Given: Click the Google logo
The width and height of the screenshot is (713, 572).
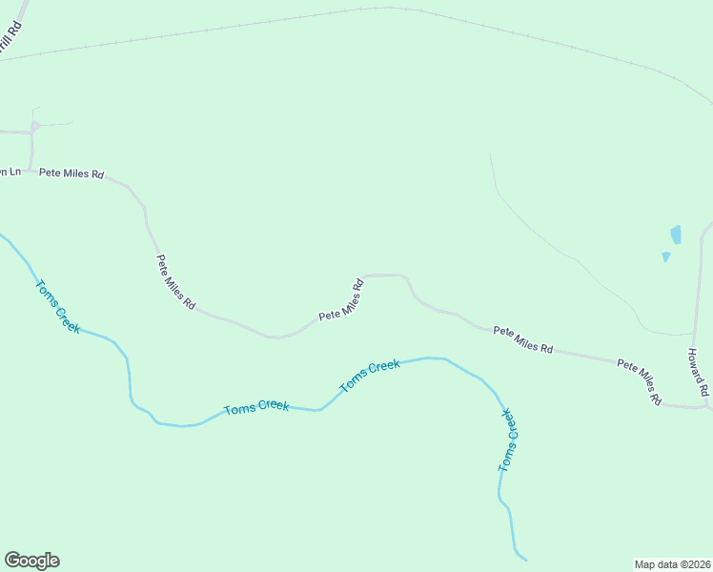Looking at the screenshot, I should pyautogui.click(x=31, y=561).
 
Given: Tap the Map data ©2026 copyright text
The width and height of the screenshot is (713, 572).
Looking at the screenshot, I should pyautogui.click(x=673, y=563).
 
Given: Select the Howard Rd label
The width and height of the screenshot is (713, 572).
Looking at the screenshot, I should pyautogui.click(x=698, y=372).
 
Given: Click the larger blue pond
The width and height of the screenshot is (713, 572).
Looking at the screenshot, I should pyautogui.click(x=676, y=235).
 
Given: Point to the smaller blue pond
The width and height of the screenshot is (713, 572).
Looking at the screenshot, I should pyautogui.click(x=665, y=256).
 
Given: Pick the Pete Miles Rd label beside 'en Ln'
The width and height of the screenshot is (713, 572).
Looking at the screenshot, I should pyautogui.click(x=71, y=174).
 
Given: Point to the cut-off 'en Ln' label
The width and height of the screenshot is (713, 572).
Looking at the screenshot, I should pyautogui.click(x=9, y=172).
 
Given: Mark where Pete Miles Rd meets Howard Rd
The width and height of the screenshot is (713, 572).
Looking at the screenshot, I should pyautogui.click(x=706, y=407).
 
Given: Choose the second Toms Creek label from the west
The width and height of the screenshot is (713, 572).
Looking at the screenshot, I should pyautogui.click(x=256, y=407).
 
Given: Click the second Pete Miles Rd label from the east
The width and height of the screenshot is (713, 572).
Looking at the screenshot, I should pyautogui.click(x=523, y=340).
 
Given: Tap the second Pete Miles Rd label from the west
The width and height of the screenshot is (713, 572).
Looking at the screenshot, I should pyautogui.click(x=176, y=282).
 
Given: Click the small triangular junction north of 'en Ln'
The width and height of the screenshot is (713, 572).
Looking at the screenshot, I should pyautogui.click(x=34, y=126).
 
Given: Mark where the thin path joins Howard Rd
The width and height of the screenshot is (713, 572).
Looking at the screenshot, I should pyautogui.click(x=694, y=334).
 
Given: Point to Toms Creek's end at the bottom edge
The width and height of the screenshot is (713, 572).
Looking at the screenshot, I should pyautogui.click(x=523, y=559).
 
